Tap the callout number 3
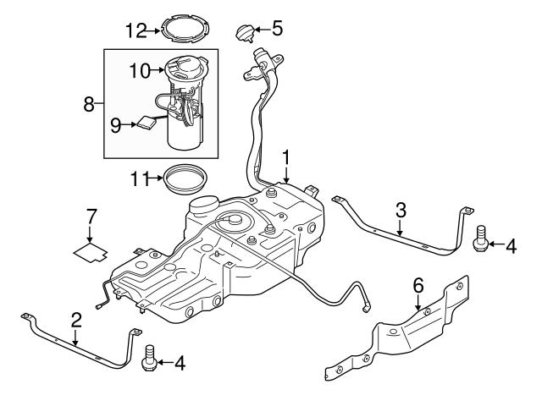click(401, 209)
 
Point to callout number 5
click(277, 30)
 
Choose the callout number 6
click(417, 287)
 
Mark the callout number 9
click(116, 125)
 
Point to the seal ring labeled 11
click(185, 178)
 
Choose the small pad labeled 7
click(91, 250)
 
